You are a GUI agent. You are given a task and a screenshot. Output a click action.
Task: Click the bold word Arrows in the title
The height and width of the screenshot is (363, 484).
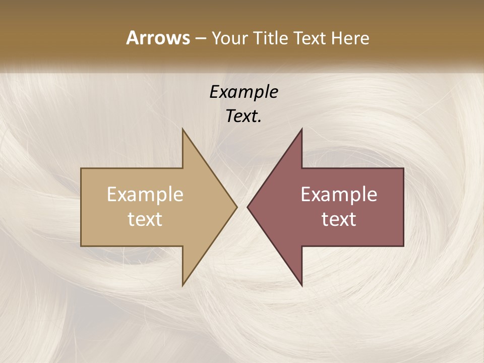(158, 38)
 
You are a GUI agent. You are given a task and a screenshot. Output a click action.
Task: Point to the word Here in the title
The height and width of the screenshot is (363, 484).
(350, 38)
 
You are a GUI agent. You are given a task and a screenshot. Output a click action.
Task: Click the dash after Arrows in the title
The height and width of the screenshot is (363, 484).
(200, 38)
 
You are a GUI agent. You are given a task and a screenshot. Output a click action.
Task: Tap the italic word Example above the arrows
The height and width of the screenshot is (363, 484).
(244, 92)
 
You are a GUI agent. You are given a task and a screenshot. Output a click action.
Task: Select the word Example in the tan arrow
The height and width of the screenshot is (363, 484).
(145, 195)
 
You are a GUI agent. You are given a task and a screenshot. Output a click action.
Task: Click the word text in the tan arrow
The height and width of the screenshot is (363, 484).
(145, 219)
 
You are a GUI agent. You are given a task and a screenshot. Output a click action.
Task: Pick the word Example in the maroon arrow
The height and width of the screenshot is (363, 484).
(339, 195)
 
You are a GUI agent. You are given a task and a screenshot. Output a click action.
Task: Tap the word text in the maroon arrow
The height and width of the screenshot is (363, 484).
(339, 219)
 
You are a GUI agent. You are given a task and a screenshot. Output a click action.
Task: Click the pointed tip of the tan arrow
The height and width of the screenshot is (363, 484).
(236, 207)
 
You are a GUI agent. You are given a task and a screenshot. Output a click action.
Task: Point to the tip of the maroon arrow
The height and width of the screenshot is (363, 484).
(248, 207)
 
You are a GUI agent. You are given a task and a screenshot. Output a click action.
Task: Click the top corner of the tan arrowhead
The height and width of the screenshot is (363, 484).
(183, 130)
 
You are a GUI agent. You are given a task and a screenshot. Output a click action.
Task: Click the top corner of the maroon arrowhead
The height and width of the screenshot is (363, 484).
(301, 130)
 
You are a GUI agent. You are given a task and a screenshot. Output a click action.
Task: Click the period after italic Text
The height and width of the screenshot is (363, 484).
(260, 121)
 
